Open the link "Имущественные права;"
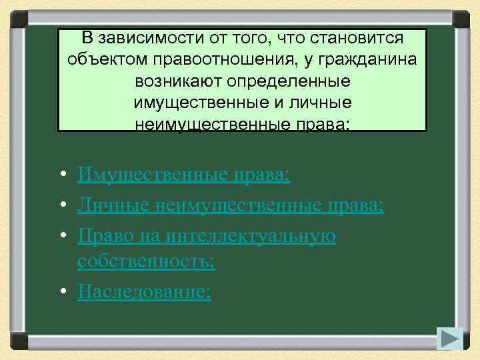pyautogui.click(x=184, y=175)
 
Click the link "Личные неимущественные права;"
pyautogui.click(x=231, y=205)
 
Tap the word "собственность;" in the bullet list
pyautogui.click(x=146, y=260)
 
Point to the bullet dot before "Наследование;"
pyautogui.click(x=61, y=291)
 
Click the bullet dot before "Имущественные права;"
pyautogui.click(x=61, y=175)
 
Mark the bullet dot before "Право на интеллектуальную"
pyautogui.click(x=61, y=237)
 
